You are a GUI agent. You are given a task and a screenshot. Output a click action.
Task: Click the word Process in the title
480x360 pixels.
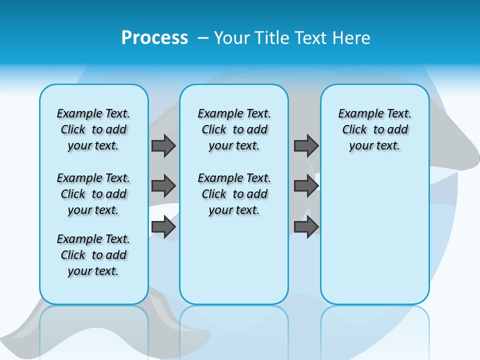[x=154, y=38]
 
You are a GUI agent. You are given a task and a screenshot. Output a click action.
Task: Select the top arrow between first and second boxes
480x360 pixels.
[x=163, y=145]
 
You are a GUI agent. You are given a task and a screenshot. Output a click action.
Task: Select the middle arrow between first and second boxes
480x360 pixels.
[x=163, y=186]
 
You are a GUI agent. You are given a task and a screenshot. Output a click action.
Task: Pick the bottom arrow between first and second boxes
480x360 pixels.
[x=163, y=227]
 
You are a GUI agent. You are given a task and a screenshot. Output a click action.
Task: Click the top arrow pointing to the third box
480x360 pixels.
[x=306, y=145]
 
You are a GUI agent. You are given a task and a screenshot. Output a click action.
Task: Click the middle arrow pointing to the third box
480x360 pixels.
[x=306, y=186]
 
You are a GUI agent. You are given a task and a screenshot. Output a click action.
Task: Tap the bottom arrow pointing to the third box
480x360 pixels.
[x=306, y=227]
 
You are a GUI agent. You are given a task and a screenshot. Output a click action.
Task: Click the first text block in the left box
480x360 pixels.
[x=93, y=129]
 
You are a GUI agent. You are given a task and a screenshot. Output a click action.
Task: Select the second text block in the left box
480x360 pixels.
[x=93, y=194]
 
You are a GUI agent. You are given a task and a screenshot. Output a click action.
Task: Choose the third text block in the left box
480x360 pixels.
[x=93, y=255]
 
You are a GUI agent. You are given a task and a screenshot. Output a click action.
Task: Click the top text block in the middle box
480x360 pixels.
[x=234, y=129]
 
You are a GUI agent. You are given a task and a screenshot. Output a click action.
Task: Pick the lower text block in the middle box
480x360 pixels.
[x=234, y=194]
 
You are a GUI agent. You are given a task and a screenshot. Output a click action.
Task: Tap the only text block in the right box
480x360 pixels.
[x=374, y=129]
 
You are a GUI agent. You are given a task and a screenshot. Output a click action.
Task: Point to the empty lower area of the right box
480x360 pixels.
[x=374, y=235]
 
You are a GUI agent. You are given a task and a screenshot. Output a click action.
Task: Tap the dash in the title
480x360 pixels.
[x=203, y=38]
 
